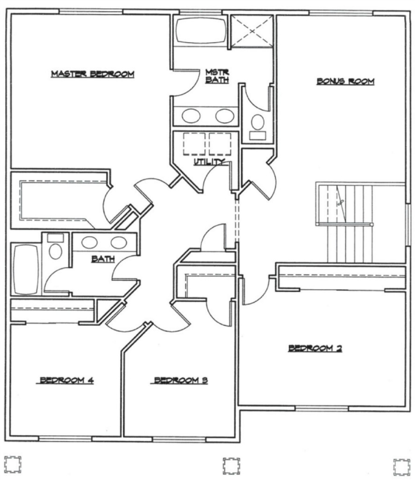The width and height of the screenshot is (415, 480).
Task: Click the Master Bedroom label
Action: click(x=92, y=74)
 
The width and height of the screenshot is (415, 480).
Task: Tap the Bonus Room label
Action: click(x=345, y=82)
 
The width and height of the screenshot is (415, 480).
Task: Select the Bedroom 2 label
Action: click(x=315, y=348)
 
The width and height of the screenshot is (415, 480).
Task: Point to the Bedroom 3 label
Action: click(x=181, y=381)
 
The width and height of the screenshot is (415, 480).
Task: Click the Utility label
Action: click(x=209, y=162)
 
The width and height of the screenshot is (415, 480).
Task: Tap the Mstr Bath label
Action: click(x=217, y=76)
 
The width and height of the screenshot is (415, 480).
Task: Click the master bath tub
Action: click(x=200, y=31)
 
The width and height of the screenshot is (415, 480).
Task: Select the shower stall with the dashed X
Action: click(x=252, y=31)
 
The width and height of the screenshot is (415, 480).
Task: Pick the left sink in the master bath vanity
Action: click(x=191, y=116)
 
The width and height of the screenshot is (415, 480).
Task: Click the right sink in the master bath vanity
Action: click(x=225, y=116)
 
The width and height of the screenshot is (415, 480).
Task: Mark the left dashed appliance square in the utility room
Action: click(x=194, y=144)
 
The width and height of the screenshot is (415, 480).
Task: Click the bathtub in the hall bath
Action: click(x=26, y=269)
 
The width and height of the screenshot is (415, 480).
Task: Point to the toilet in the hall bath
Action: click(x=56, y=247)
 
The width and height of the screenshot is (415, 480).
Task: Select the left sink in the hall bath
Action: click(x=89, y=243)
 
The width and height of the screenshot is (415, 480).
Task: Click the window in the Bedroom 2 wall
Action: click(x=322, y=408)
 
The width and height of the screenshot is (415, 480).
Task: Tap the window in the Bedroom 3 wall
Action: click(x=179, y=440)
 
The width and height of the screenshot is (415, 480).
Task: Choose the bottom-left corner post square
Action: click(x=13, y=464)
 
